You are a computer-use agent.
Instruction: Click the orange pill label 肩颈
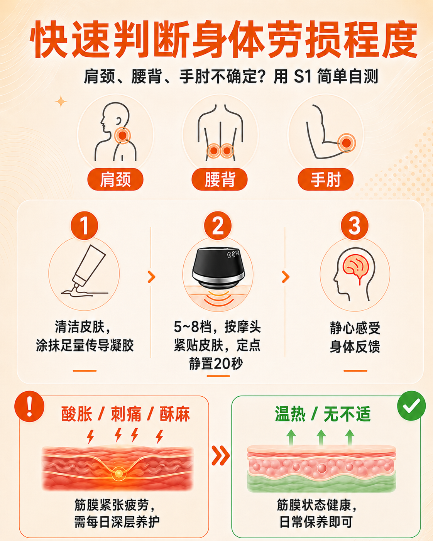click(x=115, y=179)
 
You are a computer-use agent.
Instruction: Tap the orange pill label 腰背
click(x=220, y=179)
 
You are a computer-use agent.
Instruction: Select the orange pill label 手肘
click(x=326, y=179)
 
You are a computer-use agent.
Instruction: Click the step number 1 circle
click(x=84, y=225)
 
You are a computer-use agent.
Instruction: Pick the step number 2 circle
click(x=218, y=225)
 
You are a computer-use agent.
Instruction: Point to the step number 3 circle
click(x=355, y=225)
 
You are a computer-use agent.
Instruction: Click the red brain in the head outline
click(x=355, y=269)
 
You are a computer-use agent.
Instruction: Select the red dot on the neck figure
click(x=122, y=135)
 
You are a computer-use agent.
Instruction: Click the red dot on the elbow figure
click(x=347, y=143)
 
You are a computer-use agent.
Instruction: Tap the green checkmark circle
click(x=411, y=406)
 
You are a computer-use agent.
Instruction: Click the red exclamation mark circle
click(x=29, y=406)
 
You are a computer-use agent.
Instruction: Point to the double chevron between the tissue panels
click(x=220, y=455)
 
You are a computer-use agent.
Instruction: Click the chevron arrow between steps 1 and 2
click(x=151, y=277)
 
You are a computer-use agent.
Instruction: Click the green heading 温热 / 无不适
click(x=323, y=414)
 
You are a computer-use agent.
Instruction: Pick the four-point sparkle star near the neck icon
click(x=61, y=101)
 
